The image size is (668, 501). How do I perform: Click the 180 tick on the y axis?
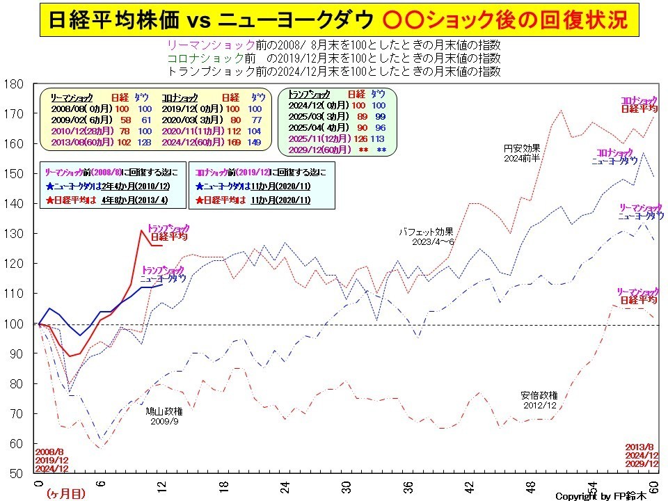pos(16,84)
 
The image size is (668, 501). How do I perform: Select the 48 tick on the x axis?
pos(530,485)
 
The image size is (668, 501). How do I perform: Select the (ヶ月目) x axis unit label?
pos(66,493)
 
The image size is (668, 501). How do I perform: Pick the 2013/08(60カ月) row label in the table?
pos(76,141)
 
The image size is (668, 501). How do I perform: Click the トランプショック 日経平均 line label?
pos(168,232)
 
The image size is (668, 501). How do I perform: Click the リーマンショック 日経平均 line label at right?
pos(638,296)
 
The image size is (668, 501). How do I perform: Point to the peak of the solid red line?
pos(141,230)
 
